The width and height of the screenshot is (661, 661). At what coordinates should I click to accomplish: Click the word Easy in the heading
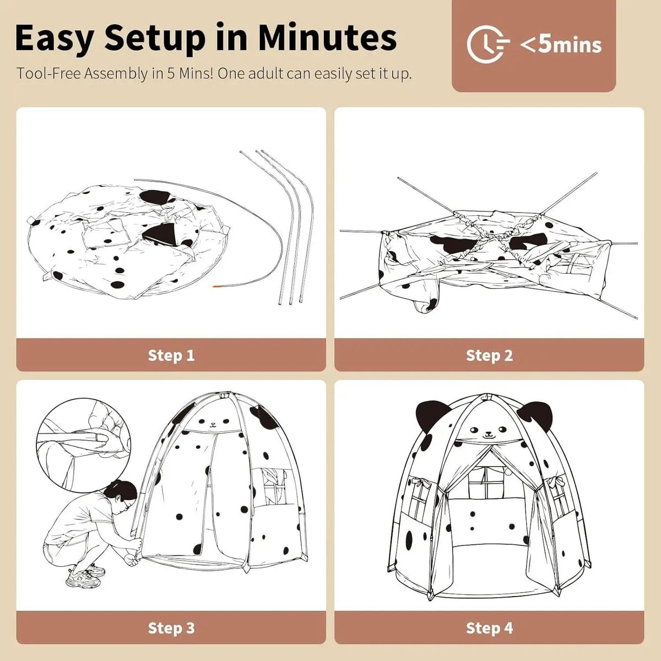coord(54,38)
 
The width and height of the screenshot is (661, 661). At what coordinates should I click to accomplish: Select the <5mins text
coord(561,45)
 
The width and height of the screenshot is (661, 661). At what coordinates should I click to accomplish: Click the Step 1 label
coord(171,355)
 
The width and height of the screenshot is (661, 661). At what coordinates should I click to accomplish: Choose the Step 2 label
coord(489,355)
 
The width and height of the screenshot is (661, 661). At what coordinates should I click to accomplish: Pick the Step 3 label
coord(171,628)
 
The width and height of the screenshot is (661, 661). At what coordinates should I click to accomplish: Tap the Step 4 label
coord(489,628)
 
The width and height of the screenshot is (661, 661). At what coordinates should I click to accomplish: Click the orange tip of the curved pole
coord(218,286)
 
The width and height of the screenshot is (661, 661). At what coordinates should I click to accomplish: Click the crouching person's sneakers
coord(86,576)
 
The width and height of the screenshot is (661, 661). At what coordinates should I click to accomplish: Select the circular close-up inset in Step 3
coord(84,444)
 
